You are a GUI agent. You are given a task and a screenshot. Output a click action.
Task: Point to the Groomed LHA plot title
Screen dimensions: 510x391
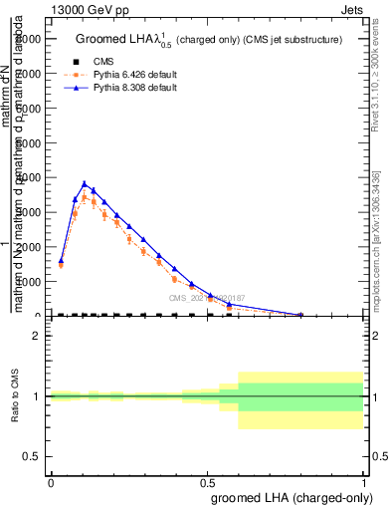209,40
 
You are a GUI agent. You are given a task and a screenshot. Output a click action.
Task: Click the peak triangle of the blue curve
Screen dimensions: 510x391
112,183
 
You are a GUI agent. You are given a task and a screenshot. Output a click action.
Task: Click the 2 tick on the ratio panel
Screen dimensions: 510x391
36,336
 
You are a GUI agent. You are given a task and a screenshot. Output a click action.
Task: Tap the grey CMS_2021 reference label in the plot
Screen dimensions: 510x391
206,298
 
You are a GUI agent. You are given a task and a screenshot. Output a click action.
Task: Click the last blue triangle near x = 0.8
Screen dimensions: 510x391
300,315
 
